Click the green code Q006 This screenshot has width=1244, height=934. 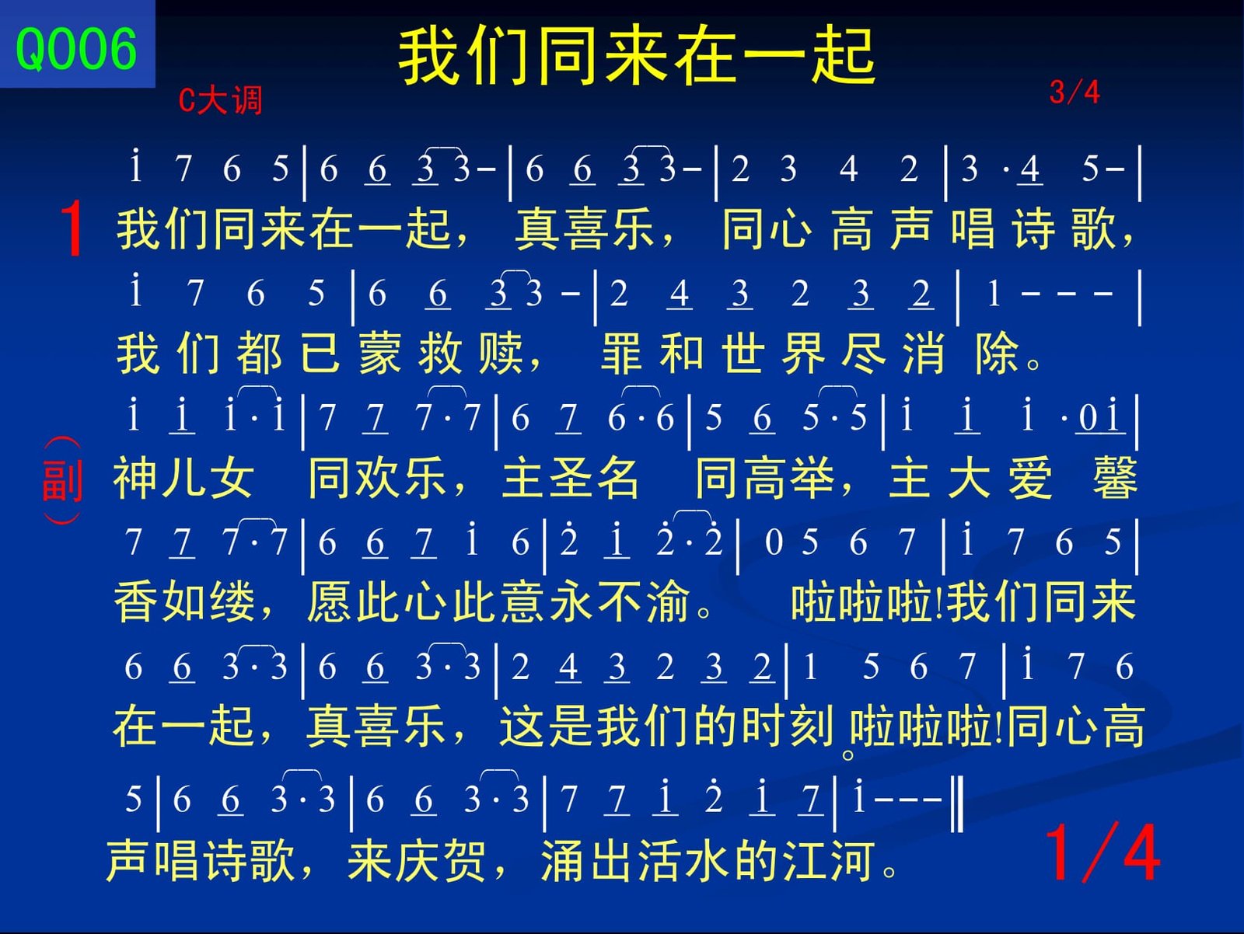pos(76,49)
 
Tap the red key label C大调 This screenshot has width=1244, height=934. pos(221,100)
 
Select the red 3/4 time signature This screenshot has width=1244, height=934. pos(1074,92)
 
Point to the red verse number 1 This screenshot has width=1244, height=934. pos(72,229)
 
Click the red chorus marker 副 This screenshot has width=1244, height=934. pos(62,481)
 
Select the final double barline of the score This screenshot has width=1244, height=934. pos(956,803)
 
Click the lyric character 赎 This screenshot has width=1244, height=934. pos(501,354)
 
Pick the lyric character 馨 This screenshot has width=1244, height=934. pos(1115,479)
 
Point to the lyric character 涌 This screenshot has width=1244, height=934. pos(563,860)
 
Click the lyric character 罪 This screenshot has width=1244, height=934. pos(622,354)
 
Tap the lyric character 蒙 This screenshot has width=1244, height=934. pos(379,354)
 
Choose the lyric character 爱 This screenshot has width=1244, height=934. pos(1029,479)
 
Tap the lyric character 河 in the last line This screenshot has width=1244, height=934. pos(852,860)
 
